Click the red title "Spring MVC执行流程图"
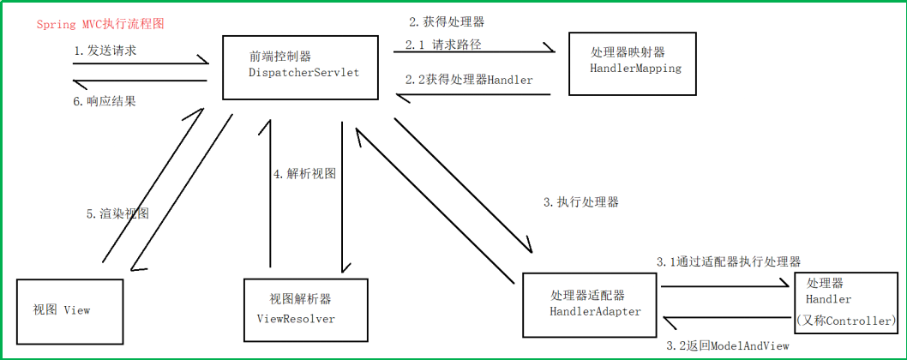(100, 24)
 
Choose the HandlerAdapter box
(595, 304)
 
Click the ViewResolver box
(306, 308)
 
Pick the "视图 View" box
(69, 309)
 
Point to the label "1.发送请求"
(105, 51)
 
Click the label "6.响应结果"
(105, 101)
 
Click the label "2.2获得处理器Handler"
(469, 80)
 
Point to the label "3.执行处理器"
(581, 202)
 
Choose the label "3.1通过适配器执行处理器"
(729, 261)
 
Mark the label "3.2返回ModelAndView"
(727, 345)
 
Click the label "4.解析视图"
(304, 173)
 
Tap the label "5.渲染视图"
(117, 213)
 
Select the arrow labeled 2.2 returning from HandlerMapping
(472, 95)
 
